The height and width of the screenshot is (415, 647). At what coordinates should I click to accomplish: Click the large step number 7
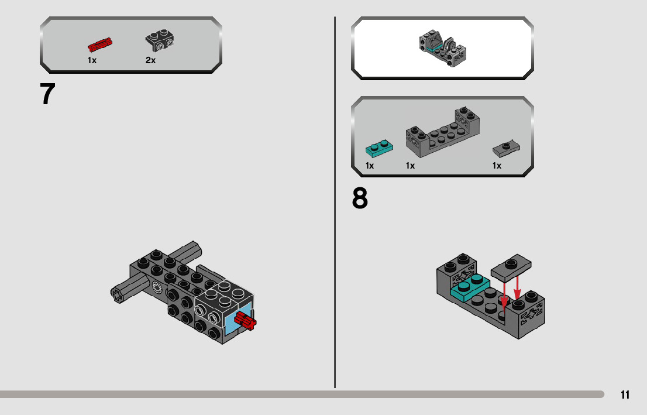tap(47, 94)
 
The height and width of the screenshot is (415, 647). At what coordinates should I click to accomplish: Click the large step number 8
tap(360, 198)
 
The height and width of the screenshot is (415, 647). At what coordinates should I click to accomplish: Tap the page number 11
tap(625, 395)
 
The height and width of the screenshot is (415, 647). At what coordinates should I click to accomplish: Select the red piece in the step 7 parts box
tap(100, 44)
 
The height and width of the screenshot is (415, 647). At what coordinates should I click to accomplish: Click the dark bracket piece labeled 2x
tap(159, 40)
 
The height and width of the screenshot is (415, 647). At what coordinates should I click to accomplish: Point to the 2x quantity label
tap(150, 60)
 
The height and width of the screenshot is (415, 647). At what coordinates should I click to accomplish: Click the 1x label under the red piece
tap(92, 60)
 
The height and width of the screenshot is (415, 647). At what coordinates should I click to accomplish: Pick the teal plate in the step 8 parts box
tap(379, 148)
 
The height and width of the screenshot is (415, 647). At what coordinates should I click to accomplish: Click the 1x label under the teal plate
tap(370, 166)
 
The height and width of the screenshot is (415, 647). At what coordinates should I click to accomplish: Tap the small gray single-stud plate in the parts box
tap(506, 149)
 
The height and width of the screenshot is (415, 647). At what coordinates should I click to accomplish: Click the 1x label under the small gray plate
tap(497, 166)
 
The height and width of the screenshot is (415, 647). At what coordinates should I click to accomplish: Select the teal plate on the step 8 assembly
tap(470, 287)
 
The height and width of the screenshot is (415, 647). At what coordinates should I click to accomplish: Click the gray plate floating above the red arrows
tap(511, 268)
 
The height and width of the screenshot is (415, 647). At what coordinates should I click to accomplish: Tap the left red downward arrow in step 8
tap(504, 295)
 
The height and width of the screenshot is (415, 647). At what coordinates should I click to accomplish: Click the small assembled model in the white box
tap(443, 48)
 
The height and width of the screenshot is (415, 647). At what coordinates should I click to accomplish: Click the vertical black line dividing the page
tap(335, 203)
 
